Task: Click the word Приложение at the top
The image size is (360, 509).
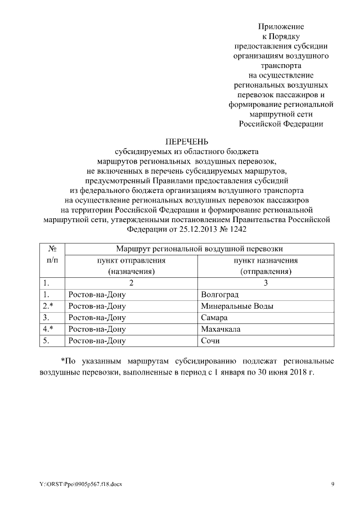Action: pos(281,26)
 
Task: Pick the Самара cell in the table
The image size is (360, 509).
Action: pos(213,318)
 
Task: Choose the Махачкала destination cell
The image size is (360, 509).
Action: pos(220,329)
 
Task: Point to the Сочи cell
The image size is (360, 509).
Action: pos(210,341)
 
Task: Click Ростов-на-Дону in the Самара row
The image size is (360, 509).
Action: pos(96,318)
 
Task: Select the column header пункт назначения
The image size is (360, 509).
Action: pos(265,260)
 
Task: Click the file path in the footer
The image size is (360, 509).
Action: pos(81,485)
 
